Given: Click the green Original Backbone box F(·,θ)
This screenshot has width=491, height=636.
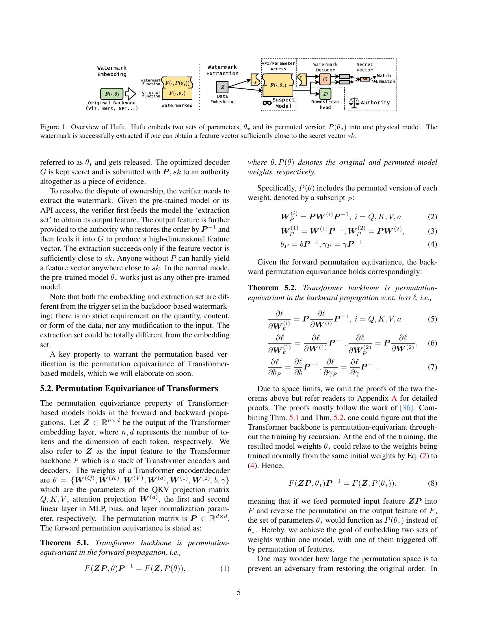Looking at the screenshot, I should pos(112,94).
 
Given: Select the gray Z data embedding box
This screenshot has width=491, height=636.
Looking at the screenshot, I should pos(222,87).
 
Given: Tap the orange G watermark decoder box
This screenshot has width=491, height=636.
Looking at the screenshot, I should pos(325,79).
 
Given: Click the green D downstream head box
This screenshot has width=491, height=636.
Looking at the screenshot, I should pos(326,94).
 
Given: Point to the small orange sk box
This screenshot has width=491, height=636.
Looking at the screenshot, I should pos(365,79).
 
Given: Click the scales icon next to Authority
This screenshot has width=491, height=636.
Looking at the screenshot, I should pos(354,103).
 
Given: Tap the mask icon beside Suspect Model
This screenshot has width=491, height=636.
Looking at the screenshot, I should pos(267,103).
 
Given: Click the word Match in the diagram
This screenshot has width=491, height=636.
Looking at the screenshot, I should pos(384,76).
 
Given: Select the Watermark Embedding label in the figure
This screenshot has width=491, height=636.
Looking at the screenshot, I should pos(112,71).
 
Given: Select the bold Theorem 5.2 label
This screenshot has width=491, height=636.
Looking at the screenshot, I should pos(272,288).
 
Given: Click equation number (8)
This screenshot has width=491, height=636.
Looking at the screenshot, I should pos(432,483).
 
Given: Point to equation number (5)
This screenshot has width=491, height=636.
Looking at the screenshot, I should pos(432,319).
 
